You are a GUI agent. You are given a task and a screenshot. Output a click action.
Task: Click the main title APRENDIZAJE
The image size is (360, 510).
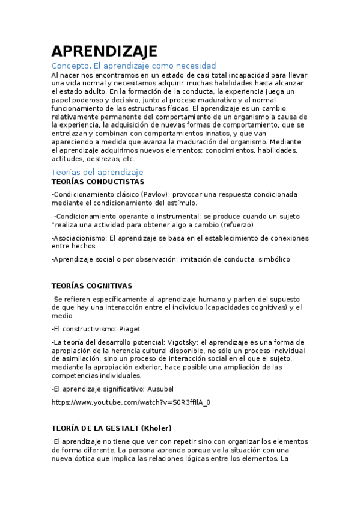104,51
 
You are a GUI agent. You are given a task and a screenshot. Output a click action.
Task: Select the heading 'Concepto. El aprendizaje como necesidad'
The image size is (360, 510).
133,66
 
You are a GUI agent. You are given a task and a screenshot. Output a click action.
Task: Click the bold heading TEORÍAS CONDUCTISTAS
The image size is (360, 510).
97,182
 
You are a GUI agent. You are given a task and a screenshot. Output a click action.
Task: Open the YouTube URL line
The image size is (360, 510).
131,402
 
